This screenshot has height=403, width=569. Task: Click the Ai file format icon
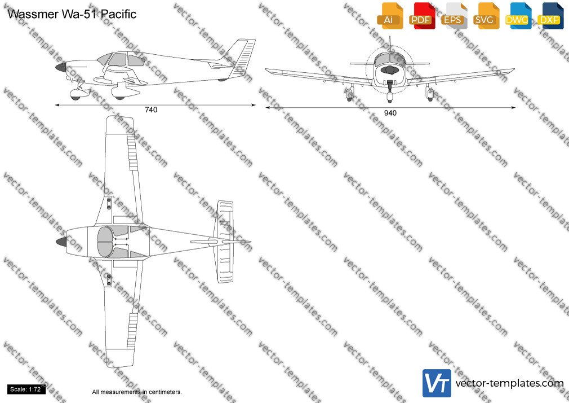pos(390,16)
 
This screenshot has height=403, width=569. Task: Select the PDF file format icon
pos(422,16)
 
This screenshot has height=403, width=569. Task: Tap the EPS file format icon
pos(454,16)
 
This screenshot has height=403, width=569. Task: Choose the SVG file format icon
pos(486,16)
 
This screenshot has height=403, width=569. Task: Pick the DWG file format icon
pos(518,16)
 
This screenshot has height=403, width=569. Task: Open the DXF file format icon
pos(550,16)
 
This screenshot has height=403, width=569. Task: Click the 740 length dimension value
pos(151,110)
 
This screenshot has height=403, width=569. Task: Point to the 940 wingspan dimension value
pos(390,113)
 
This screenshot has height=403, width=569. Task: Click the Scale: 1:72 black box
pos(26,389)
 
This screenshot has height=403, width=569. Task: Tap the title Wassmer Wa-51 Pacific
pos(72,14)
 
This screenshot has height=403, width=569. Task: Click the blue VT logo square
pos(437,383)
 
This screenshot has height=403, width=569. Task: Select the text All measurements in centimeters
pos(137,392)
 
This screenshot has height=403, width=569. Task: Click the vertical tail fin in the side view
pos(241,58)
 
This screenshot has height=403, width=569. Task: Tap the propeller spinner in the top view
pos(61,242)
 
